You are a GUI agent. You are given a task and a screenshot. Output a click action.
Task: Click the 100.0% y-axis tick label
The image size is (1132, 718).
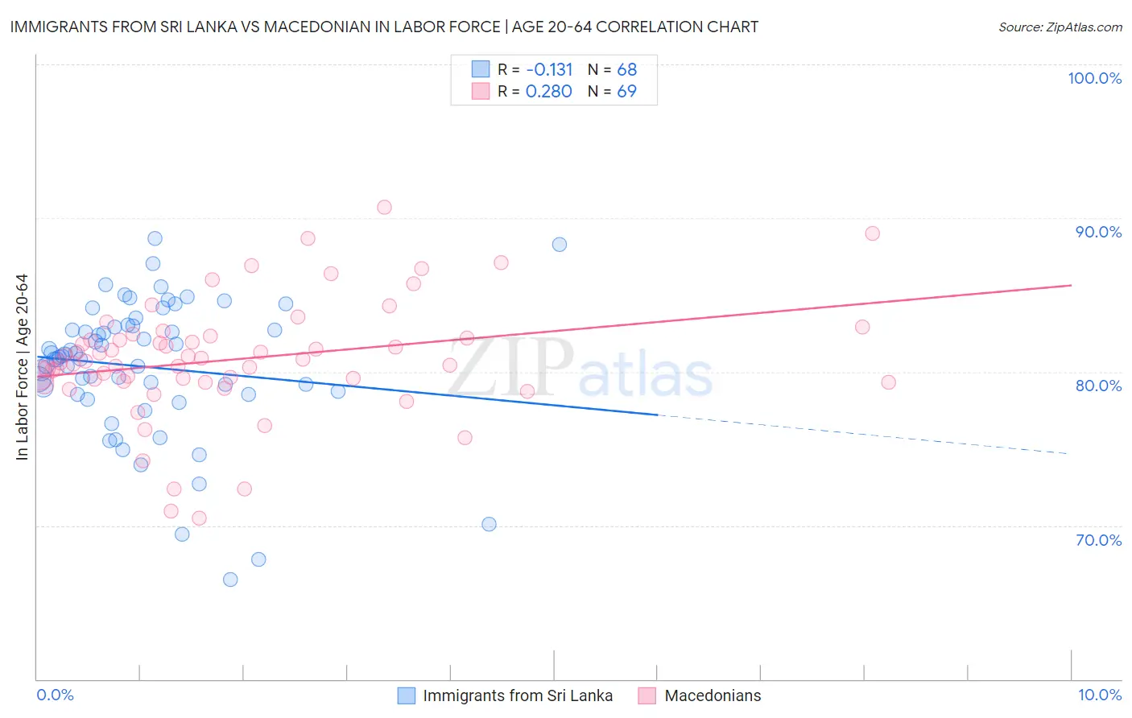coord(1094,78)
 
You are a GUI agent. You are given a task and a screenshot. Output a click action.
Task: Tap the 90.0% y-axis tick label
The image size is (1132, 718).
coord(1098,232)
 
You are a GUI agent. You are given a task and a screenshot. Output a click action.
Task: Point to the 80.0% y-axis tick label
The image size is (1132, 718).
coord(1098,386)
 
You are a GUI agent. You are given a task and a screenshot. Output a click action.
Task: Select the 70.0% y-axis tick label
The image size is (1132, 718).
coord(1098,540)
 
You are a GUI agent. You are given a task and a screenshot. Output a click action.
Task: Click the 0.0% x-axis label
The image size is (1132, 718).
coord(55,695)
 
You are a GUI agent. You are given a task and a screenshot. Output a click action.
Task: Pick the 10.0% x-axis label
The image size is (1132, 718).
coord(1099,695)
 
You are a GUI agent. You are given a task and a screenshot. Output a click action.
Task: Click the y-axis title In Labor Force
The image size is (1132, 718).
coord(22,367)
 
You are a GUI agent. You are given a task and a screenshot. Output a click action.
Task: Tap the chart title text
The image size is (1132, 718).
coord(384,27)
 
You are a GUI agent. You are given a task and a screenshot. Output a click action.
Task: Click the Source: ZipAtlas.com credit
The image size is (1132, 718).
coord(1060,27)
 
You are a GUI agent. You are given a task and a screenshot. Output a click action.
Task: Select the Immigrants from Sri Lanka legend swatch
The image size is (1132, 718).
coord(407,695)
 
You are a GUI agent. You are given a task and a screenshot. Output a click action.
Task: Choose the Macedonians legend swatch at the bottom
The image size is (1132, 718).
coord(647,695)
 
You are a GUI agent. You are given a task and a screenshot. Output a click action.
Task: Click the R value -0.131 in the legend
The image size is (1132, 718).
coord(549,70)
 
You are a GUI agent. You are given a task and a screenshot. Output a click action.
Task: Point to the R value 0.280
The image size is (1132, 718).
coord(548,92)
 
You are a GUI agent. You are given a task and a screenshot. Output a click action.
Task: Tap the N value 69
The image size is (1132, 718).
coord(626,92)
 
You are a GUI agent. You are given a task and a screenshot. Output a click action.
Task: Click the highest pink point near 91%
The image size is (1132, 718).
coord(384,207)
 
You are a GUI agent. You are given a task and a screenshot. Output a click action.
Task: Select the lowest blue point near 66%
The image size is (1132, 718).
coord(230,580)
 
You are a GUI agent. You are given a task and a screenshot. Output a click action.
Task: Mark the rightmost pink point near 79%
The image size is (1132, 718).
coord(888,382)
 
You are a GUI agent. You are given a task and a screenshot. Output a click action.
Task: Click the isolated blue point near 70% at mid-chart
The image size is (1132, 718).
coord(489,524)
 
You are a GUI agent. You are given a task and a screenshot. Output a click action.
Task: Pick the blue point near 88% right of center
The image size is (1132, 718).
coord(560,245)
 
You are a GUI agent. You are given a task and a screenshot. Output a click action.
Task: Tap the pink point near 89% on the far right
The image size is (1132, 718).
coord(872,233)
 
